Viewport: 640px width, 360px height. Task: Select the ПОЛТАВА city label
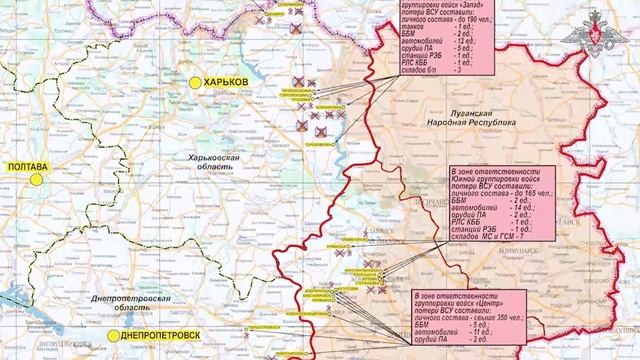pos(29,167)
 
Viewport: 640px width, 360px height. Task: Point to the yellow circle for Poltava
pos(35,180)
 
